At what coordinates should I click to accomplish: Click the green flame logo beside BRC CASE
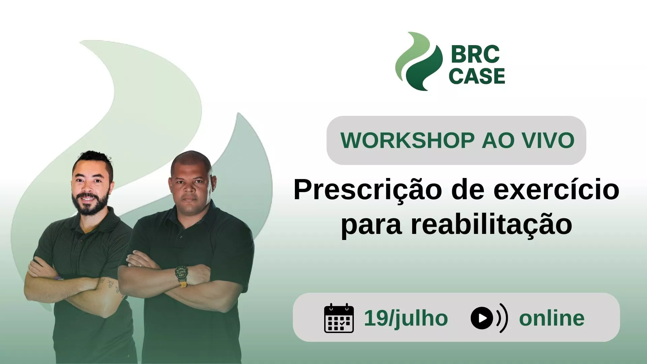coord(419,61)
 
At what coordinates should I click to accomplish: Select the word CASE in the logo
coord(477,76)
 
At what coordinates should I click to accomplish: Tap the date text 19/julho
coord(406,318)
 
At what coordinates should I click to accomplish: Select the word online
coord(552,318)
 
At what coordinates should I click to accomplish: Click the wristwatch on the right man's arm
coord(181,273)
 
